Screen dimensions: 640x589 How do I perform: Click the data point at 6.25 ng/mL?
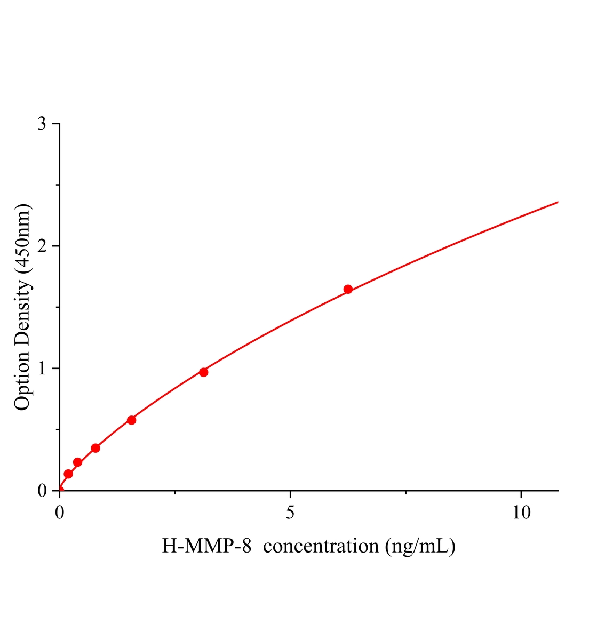[348, 289]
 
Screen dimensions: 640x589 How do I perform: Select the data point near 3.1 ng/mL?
[203, 372]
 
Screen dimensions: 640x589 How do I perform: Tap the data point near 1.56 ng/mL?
[131, 420]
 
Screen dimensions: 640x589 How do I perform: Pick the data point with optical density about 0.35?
[95, 448]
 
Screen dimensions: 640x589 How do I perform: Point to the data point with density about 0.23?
[77, 462]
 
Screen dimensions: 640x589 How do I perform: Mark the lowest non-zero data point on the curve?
[68, 474]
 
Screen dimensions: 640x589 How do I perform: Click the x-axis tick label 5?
[290, 513]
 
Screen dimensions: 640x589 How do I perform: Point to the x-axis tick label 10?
[521, 513]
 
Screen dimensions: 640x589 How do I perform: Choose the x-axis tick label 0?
[60, 513]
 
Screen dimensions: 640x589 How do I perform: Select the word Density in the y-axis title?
[22, 315]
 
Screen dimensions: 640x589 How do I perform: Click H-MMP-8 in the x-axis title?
[206, 546]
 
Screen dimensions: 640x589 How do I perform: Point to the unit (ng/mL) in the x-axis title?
[420, 546]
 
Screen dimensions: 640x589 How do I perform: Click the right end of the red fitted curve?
[558, 202]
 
